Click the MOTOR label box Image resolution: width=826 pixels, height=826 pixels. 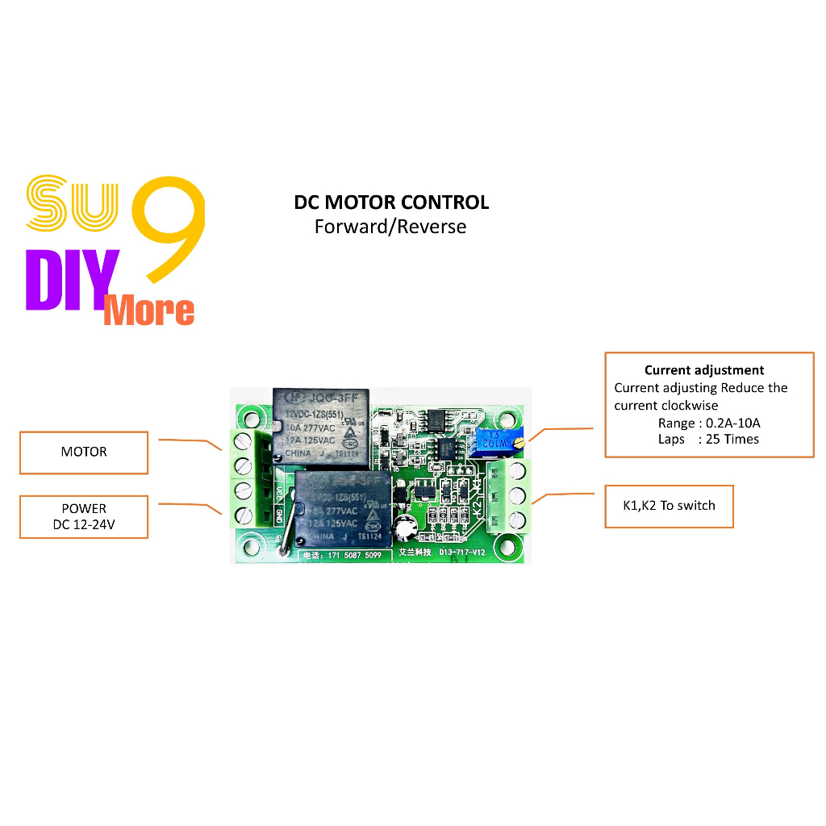[x=84, y=452]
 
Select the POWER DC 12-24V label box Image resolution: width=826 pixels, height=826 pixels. [x=84, y=517]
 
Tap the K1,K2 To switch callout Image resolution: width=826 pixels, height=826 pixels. [x=669, y=506]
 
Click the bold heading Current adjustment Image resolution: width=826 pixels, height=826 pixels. [x=703, y=370]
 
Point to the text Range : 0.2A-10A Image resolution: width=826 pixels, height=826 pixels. [x=709, y=423]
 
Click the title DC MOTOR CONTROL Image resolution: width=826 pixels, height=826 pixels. [x=391, y=202]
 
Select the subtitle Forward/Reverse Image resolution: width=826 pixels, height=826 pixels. [x=390, y=226]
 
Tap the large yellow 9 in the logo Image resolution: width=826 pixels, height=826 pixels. [x=168, y=230]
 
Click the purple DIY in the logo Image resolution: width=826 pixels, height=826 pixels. [x=72, y=280]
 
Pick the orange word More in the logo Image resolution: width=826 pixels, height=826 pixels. [x=149, y=311]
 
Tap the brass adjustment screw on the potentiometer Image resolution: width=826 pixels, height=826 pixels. [x=523, y=442]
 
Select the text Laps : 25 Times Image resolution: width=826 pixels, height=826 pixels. [x=708, y=439]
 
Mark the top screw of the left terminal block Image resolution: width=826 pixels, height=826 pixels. [x=241, y=440]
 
